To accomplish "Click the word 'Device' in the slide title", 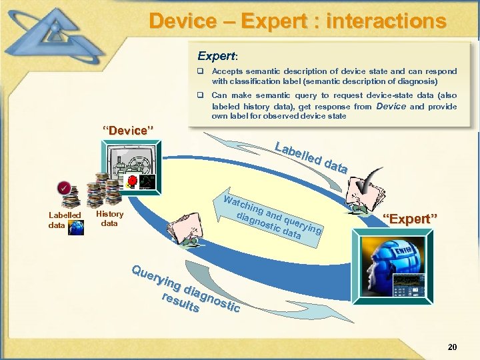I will pos(182,21).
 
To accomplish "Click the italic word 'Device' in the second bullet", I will pos(391,106).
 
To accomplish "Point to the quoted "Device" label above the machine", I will pos(127,130).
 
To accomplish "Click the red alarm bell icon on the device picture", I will pos(133,181).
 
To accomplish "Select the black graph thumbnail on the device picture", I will pos(147,181).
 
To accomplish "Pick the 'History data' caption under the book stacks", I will pos(109,219).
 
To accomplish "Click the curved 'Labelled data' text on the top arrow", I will pos(311,157).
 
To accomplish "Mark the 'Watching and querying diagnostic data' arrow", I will pos(273,217).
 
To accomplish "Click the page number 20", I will pos(452,347).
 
